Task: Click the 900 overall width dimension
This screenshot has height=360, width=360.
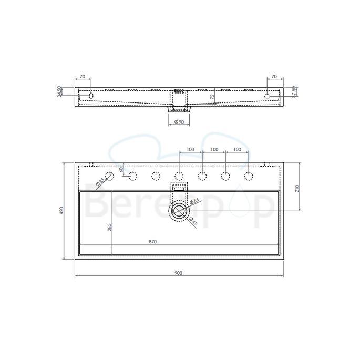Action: (x=179, y=273)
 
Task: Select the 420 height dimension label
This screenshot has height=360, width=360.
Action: (x=61, y=211)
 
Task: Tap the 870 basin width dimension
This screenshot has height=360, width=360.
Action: (x=152, y=242)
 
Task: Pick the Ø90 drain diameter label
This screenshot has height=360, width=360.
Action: (x=179, y=122)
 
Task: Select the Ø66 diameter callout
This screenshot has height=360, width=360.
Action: (x=193, y=202)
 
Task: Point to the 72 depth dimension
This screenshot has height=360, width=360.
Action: (x=212, y=97)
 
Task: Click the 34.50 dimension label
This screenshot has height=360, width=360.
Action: (x=60, y=91)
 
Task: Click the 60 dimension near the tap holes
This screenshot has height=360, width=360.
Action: (x=121, y=169)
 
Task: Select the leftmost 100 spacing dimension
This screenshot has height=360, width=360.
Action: (x=190, y=150)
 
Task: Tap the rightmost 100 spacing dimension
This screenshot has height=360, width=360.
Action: (x=236, y=150)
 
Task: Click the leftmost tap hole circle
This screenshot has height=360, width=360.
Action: (x=110, y=176)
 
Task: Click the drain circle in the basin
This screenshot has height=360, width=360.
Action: (x=179, y=211)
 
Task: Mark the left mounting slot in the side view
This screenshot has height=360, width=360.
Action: (x=91, y=96)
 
